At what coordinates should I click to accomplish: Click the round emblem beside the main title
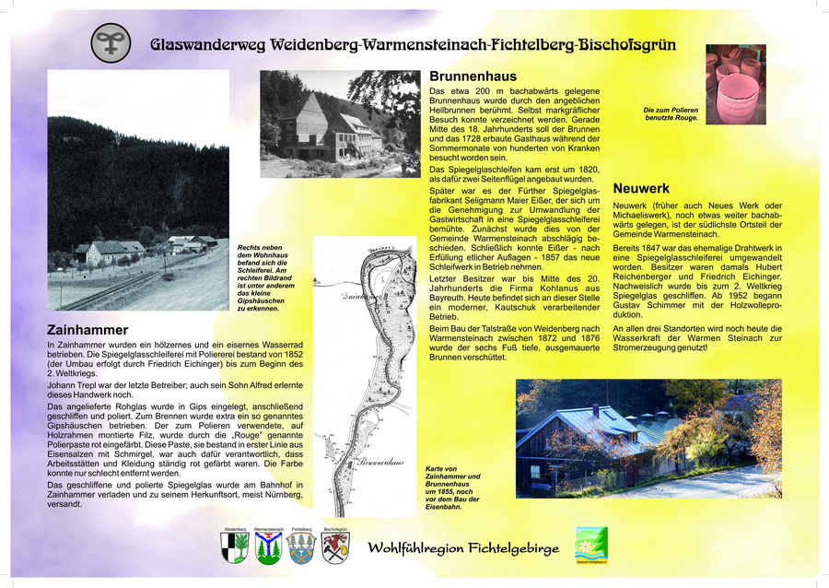click(111, 43)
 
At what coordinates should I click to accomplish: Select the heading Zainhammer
click(88, 329)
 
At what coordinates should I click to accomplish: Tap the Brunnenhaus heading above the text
click(473, 76)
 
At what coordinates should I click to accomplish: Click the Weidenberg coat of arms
click(236, 548)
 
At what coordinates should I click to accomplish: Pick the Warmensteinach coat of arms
click(268, 548)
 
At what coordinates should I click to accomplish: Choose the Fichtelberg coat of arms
click(301, 548)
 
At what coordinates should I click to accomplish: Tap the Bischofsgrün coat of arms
click(335, 548)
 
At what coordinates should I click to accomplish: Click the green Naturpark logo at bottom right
click(591, 545)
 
